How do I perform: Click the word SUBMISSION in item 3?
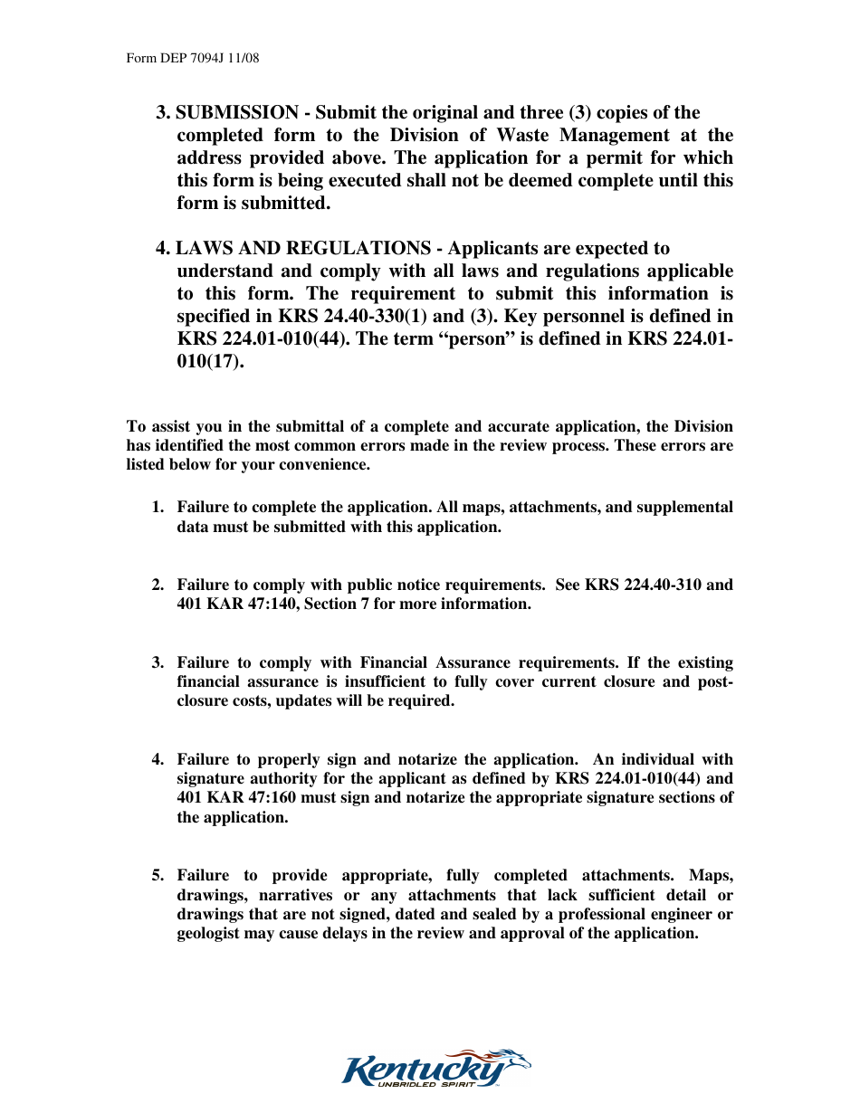tap(236, 113)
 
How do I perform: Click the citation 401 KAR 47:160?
tap(234, 797)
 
